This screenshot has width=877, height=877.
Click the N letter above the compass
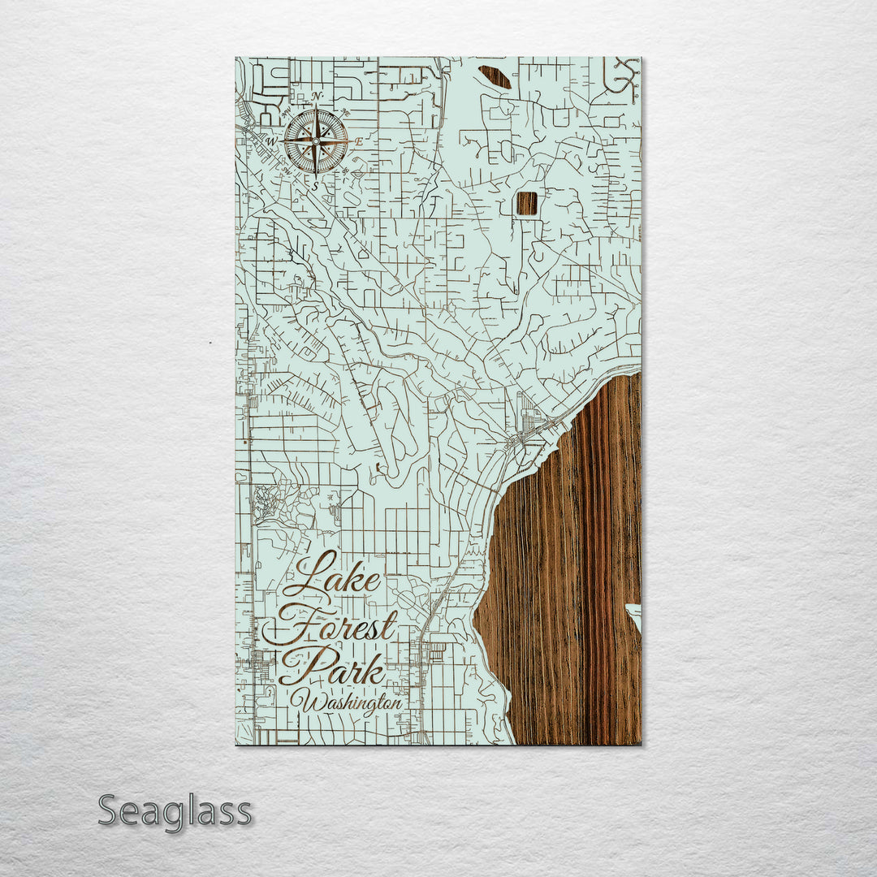tap(316, 97)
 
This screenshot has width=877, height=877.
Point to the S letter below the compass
tap(316, 185)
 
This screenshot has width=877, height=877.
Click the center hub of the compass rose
tap(316, 141)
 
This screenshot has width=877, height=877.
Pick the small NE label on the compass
tap(344, 112)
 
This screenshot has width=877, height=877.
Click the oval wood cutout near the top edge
tap(495, 77)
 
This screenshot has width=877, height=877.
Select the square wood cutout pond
tap(527, 203)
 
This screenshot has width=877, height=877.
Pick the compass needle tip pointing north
tap(316, 110)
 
